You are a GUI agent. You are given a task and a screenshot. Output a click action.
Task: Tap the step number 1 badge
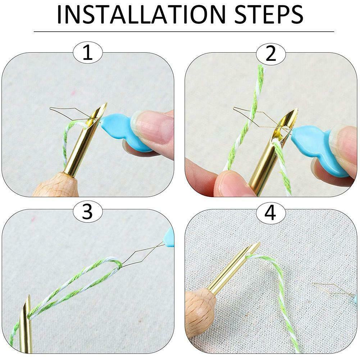pyautogui.click(x=88, y=53)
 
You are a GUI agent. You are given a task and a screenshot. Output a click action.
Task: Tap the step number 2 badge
pyautogui.click(x=271, y=53)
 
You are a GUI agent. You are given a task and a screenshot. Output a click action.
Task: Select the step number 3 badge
pyautogui.click(x=88, y=213)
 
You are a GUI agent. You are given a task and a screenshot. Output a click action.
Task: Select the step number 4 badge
pyautogui.click(x=271, y=213)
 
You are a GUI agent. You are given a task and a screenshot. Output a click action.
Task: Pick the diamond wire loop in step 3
pyautogui.click(x=138, y=257)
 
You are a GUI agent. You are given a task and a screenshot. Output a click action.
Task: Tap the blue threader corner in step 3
pyautogui.click(x=170, y=237)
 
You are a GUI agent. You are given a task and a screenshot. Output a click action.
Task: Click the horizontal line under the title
pyautogui.click(x=184, y=32)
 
